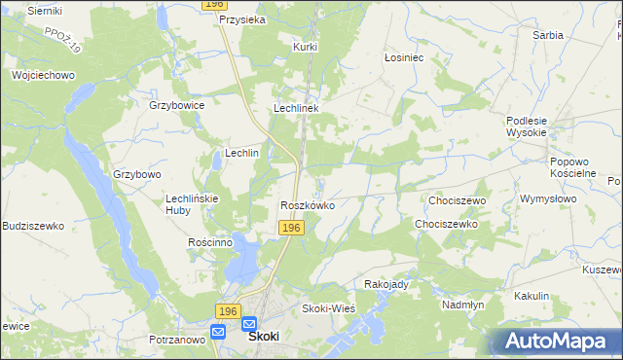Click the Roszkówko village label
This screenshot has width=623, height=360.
pyautogui.click(x=308, y=205)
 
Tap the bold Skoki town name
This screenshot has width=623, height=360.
pyautogui.click(x=264, y=336)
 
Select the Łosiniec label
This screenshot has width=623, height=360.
pyautogui.click(x=403, y=57)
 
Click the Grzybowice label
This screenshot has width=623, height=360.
pyautogui.click(x=176, y=104)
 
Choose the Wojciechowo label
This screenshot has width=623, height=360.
pyautogui.click(x=43, y=74)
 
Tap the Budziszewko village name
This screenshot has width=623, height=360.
pyautogui.click(x=33, y=226)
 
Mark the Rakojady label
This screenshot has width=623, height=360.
pyautogui.click(x=386, y=284)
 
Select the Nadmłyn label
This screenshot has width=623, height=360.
pyautogui.click(x=462, y=305)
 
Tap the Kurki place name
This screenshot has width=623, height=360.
pyautogui.click(x=307, y=46)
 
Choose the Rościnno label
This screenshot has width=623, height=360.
pyautogui.click(x=209, y=242)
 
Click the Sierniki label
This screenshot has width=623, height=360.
pyautogui.click(x=45, y=10)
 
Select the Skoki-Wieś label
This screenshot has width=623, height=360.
pyautogui.click(x=329, y=308)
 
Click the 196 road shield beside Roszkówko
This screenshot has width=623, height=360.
pyautogui.click(x=292, y=227)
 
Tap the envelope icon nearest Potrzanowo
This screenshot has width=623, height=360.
pyautogui.click(x=217, y=331)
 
